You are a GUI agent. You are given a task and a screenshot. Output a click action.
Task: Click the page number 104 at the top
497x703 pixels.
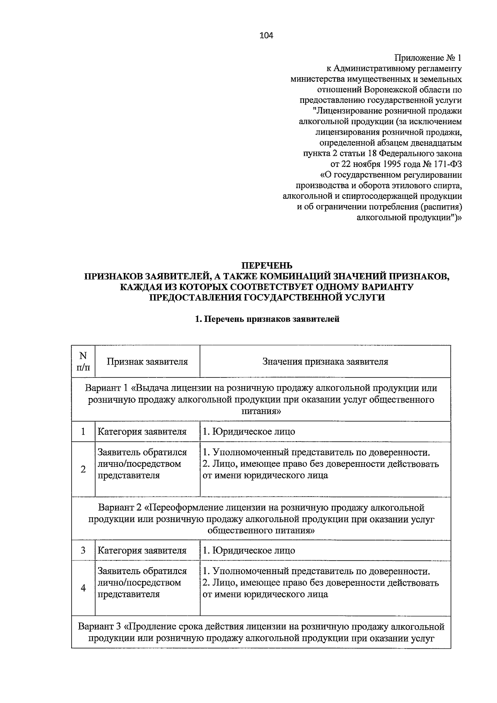click(x=266, y=35)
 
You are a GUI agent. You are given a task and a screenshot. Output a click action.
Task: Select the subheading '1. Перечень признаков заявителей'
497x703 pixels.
click(x=267, y=319)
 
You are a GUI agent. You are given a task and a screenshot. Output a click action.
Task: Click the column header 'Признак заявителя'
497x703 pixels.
click(x=147, y=362)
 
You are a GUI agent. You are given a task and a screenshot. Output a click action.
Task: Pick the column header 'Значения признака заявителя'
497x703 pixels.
click(x=325, y=362)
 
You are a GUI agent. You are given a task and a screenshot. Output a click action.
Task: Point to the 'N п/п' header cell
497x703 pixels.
click(x=83, y=361)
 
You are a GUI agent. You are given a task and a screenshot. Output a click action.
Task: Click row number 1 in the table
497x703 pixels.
click(x=83, y=432)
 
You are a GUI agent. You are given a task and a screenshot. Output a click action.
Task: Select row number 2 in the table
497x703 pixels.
click(x=83, y=469)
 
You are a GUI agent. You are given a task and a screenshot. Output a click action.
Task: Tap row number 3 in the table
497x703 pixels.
click(x=83, y=551)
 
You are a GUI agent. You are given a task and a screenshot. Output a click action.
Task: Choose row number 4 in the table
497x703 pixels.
click(x=83, y=588)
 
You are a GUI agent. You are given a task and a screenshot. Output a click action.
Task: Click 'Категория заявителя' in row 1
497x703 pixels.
click(x=142, y=432)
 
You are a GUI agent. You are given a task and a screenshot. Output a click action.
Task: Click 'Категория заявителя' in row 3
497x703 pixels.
click(x=142, y=551)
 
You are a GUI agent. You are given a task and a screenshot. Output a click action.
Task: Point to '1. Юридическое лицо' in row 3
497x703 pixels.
click(x=248, y=551)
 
